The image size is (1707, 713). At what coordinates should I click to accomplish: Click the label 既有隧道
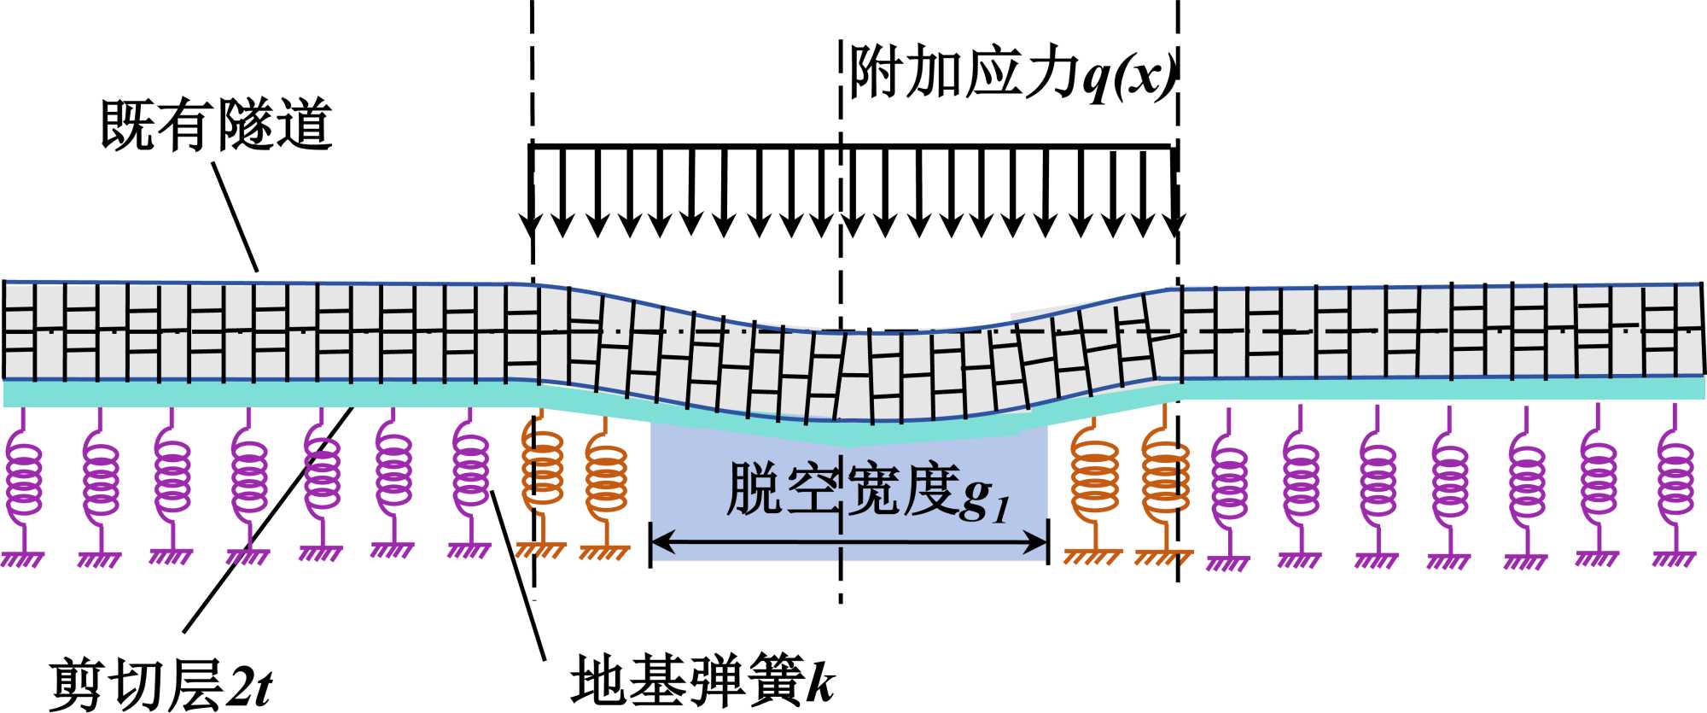coord(216,126)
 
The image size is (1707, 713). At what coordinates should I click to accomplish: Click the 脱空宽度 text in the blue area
coord(840,490)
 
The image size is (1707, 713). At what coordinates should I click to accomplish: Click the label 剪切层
coord(137,684)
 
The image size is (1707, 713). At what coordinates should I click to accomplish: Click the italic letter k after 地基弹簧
coord(820,681)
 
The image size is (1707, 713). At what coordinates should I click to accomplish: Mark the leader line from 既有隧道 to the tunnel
coord(235,217)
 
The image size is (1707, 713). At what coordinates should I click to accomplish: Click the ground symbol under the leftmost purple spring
coord(23,558)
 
